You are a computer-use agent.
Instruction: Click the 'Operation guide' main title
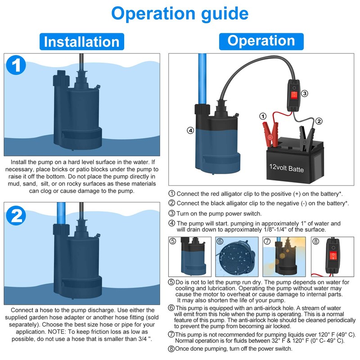click(180, 13)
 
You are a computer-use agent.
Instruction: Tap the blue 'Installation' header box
click(81, 42)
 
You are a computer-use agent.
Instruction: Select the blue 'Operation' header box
click(261, 40)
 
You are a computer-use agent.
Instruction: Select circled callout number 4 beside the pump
click(190, 130)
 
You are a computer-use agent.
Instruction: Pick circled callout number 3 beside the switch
click(305, 94)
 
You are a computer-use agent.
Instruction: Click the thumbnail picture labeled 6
click(236, 257)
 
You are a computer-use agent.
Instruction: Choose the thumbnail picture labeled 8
click(333, 257)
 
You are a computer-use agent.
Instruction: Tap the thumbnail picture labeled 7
click(285, 257)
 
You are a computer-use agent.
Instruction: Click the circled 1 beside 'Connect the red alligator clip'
click(172, 194)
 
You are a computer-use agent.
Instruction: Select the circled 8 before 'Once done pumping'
click(171, 349)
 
